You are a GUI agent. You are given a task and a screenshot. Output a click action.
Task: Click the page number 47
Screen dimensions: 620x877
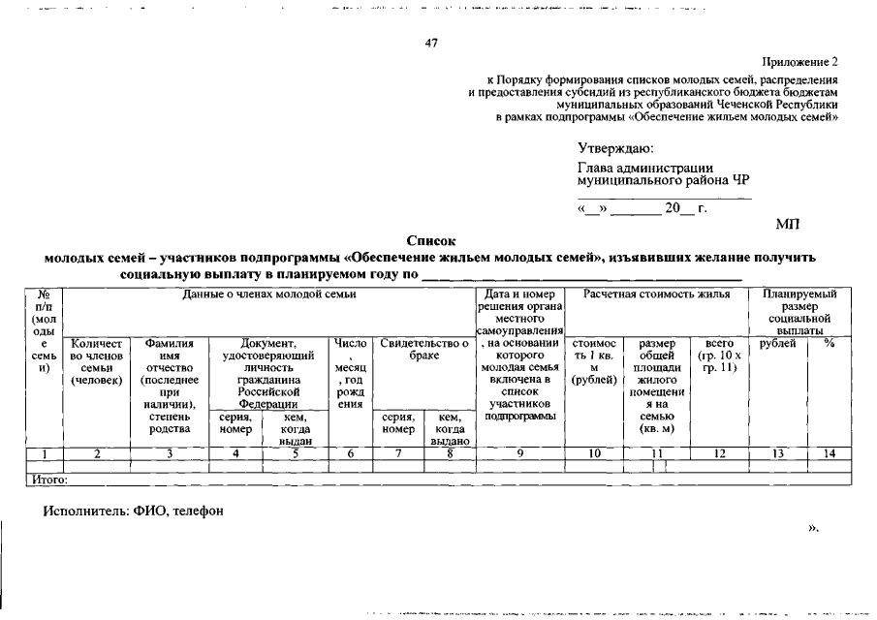point(432,43)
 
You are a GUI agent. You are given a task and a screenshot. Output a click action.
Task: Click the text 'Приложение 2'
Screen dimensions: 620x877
point(799,62)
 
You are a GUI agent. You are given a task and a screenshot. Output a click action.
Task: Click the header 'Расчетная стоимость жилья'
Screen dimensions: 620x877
point(656,294)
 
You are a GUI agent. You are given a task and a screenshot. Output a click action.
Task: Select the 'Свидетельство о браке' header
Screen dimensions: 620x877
point(423,350)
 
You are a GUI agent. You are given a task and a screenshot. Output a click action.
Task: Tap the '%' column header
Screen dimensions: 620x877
point(829,343)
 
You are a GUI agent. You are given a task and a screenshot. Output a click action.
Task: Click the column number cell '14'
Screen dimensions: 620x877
point(829,452)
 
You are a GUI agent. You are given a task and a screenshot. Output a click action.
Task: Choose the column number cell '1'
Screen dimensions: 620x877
point(44,452)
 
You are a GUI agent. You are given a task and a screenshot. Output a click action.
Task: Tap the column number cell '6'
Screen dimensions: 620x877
point(349,452)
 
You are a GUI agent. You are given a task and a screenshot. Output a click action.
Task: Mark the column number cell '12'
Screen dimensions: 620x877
point(718,452)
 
